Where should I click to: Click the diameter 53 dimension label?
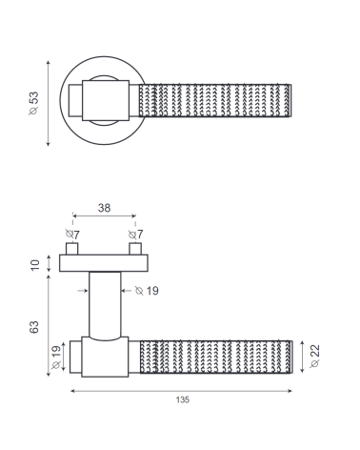point(33,103)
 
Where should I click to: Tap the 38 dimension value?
point(104,208)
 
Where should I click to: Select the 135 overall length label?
point(183,399)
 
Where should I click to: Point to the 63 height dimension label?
point(34,327)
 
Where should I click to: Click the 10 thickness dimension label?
point(34,265)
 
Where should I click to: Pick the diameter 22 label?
point(314,356)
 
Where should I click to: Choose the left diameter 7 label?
point(72,235)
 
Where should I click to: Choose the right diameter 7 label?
point(135,235)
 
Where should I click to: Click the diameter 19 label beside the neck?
point(147,291)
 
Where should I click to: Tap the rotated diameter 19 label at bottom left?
point(56,357)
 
